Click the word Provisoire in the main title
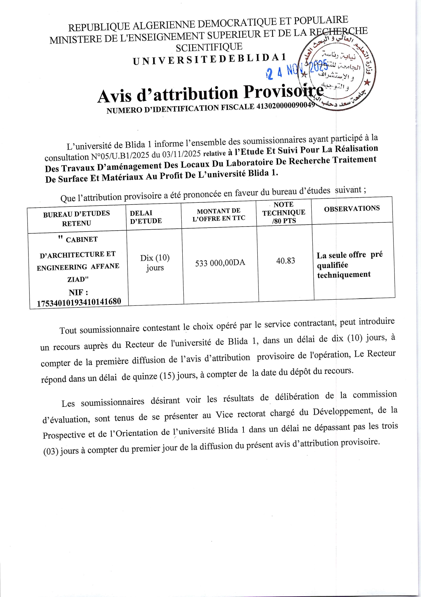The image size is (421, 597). pos(283,92)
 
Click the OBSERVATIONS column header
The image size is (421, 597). pos(352,209)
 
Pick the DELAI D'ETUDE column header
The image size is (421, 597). pos(146,217)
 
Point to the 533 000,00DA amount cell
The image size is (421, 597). pos(220,263)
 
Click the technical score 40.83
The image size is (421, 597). pos(286,261)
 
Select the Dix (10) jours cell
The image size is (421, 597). pos(155,263)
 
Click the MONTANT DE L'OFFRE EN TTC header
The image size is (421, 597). pos(219,215)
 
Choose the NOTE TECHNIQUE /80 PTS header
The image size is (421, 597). pos(284,213)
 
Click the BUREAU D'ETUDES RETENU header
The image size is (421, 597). pos(76,218)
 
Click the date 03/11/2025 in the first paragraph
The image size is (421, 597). pos(181,154)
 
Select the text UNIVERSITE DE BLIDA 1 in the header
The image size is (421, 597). pos(210,59)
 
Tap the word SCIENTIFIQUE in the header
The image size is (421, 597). pos(209,47)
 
